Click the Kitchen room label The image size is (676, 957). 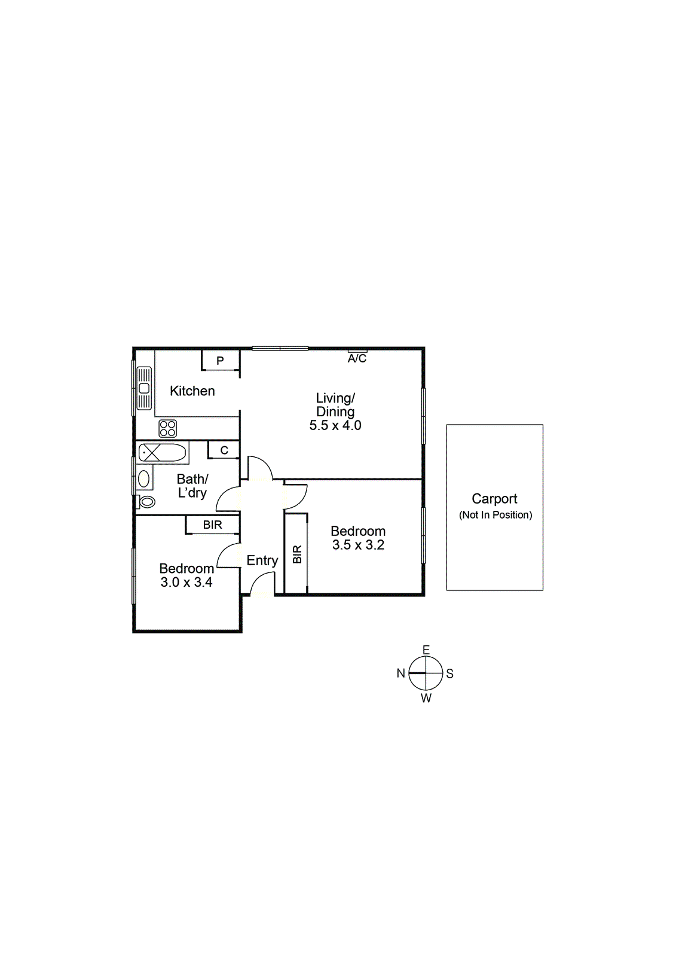pyautogui.click(x=192, y=391)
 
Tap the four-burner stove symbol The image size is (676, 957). pyautogui.click(x=168, y=428)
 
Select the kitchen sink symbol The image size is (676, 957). pyautogui.click(x=144, y=388)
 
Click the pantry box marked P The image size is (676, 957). pyautogui.click(x=220, y=361)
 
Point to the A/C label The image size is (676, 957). pyautogui.click(x=357, y=358)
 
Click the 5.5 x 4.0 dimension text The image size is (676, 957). pyautogui.click(x=335, y=426)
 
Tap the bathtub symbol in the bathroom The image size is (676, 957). pyautogui.click(x=163, y=452)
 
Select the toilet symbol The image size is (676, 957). pyautogui.click(x=146, y=501)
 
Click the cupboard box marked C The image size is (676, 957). pyautogui.click(x=224, y=450)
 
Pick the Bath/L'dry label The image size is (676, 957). pyautogui.click(x=192, y=486)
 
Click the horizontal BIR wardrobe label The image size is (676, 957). pyautogui.click(x=212, y=525)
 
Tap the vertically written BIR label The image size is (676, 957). pyautogui.click(x=297, y=554)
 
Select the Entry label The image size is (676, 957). pyautogui.click(x=262, y=560)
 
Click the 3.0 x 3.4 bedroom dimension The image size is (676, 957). pyautogui.click(x=186, y=583)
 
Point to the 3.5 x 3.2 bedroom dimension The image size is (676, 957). pyautogui.click(x=358, y=545)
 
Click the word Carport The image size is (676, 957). pyautogui.click(x=494, y=499)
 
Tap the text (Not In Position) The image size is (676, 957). pyautogui.click(x=495, y=515)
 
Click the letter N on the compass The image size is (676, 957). pyautogui.click(x=401, y=673)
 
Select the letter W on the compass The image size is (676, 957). pyautogui.click(x=426, y=698)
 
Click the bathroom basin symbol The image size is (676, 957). pyautogui.click(x=144, y=478)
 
